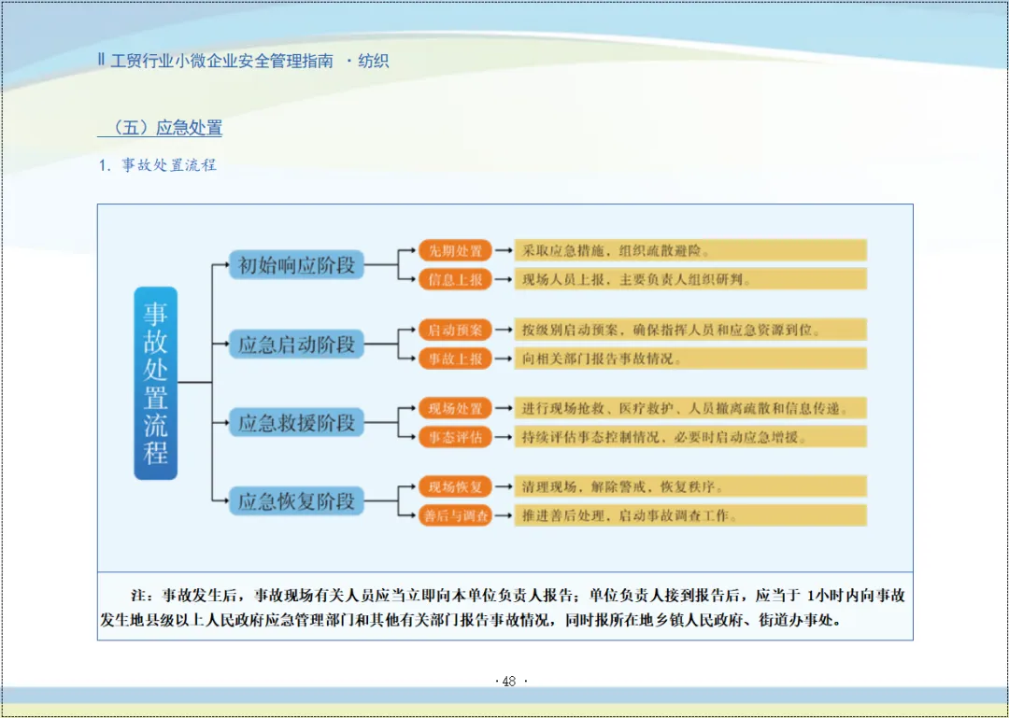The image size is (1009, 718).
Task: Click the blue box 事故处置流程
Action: click(155, 383)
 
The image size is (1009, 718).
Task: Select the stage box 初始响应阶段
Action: click(296, 265)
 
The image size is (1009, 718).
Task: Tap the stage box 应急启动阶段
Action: click(296, 345)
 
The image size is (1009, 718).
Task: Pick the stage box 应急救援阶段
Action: click(296, 423)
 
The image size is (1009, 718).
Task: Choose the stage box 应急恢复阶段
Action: click(296, 501)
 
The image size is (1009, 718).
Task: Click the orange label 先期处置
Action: click(455, 250)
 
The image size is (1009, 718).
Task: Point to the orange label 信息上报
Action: click(455, 279)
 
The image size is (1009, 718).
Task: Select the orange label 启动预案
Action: click(455, 330)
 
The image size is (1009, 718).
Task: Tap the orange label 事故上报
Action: click(455, 359)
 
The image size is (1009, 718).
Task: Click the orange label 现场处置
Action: click(455, 408)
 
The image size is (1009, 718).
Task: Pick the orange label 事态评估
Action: click(455, 437)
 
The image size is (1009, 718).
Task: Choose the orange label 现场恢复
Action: click(455, 486)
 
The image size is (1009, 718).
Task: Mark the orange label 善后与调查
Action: click(455, 515)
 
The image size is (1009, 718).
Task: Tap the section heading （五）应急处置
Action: click(160, 128)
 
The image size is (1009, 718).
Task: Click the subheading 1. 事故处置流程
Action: click(158, 165)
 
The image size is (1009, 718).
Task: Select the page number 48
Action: click(509, 682)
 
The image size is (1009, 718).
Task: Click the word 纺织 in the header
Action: click(374, 62)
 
